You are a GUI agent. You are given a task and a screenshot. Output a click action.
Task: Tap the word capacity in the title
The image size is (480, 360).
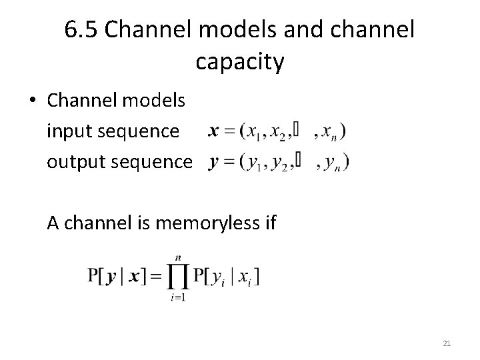click(x=240, y=61)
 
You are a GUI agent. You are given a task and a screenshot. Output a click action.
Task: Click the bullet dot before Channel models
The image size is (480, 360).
click(x=32, y=101)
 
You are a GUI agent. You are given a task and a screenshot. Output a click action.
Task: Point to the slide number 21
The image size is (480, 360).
click(x=447, y=343)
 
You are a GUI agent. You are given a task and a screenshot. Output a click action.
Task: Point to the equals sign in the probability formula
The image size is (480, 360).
click(x=157, y=275)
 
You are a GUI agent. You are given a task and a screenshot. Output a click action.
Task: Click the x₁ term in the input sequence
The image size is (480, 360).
click(x=252, y=134)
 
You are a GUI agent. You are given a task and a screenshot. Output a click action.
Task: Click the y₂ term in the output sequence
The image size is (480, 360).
click(x=280, y=163)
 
